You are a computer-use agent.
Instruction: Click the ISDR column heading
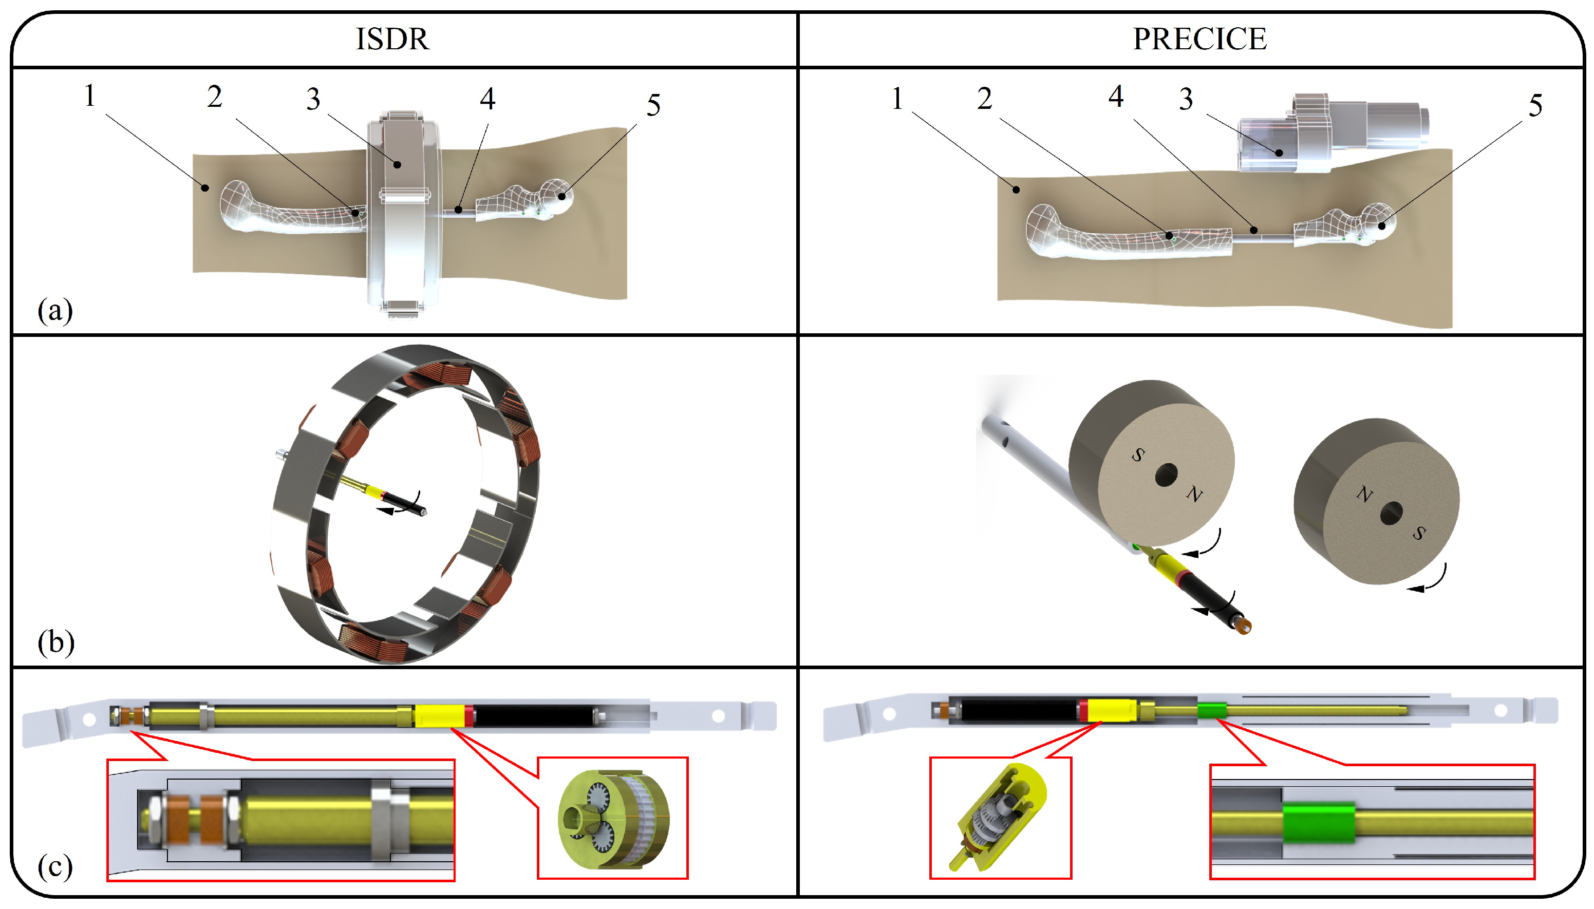(392, 39)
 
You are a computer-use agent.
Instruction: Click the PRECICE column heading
(1199, 39)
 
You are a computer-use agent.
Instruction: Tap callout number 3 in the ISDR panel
(313, 99)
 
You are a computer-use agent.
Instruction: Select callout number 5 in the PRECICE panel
(1535, 105)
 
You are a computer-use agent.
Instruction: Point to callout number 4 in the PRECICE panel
(1116, 96)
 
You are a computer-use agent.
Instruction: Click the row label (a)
(55, 310)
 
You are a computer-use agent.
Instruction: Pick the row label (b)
(55, 642)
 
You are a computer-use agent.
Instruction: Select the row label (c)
(55, 866)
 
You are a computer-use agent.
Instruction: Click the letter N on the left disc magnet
(1194, 495)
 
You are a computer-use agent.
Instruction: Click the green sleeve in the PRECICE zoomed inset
(1319, 823)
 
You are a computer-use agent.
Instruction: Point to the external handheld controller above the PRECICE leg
(1330, 134)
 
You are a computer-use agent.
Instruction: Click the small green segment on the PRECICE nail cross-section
(1211, 710)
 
